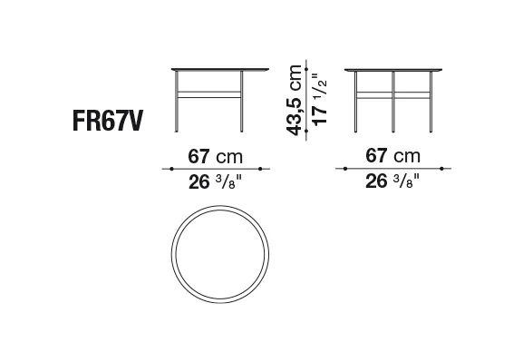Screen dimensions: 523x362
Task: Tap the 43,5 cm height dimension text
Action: (295, 101)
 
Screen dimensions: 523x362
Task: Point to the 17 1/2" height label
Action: (320, 100)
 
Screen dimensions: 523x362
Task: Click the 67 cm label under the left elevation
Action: (215, 156)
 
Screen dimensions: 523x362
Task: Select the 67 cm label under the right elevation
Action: (392, 156)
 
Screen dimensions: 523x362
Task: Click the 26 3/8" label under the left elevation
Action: (215, 182)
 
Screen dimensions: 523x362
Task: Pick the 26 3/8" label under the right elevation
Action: (392, 181)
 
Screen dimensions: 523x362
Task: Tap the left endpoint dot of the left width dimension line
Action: (171, 169)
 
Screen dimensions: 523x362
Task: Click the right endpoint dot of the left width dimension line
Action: (260, 169)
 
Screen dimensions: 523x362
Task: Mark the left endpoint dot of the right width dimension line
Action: (345, 169)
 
